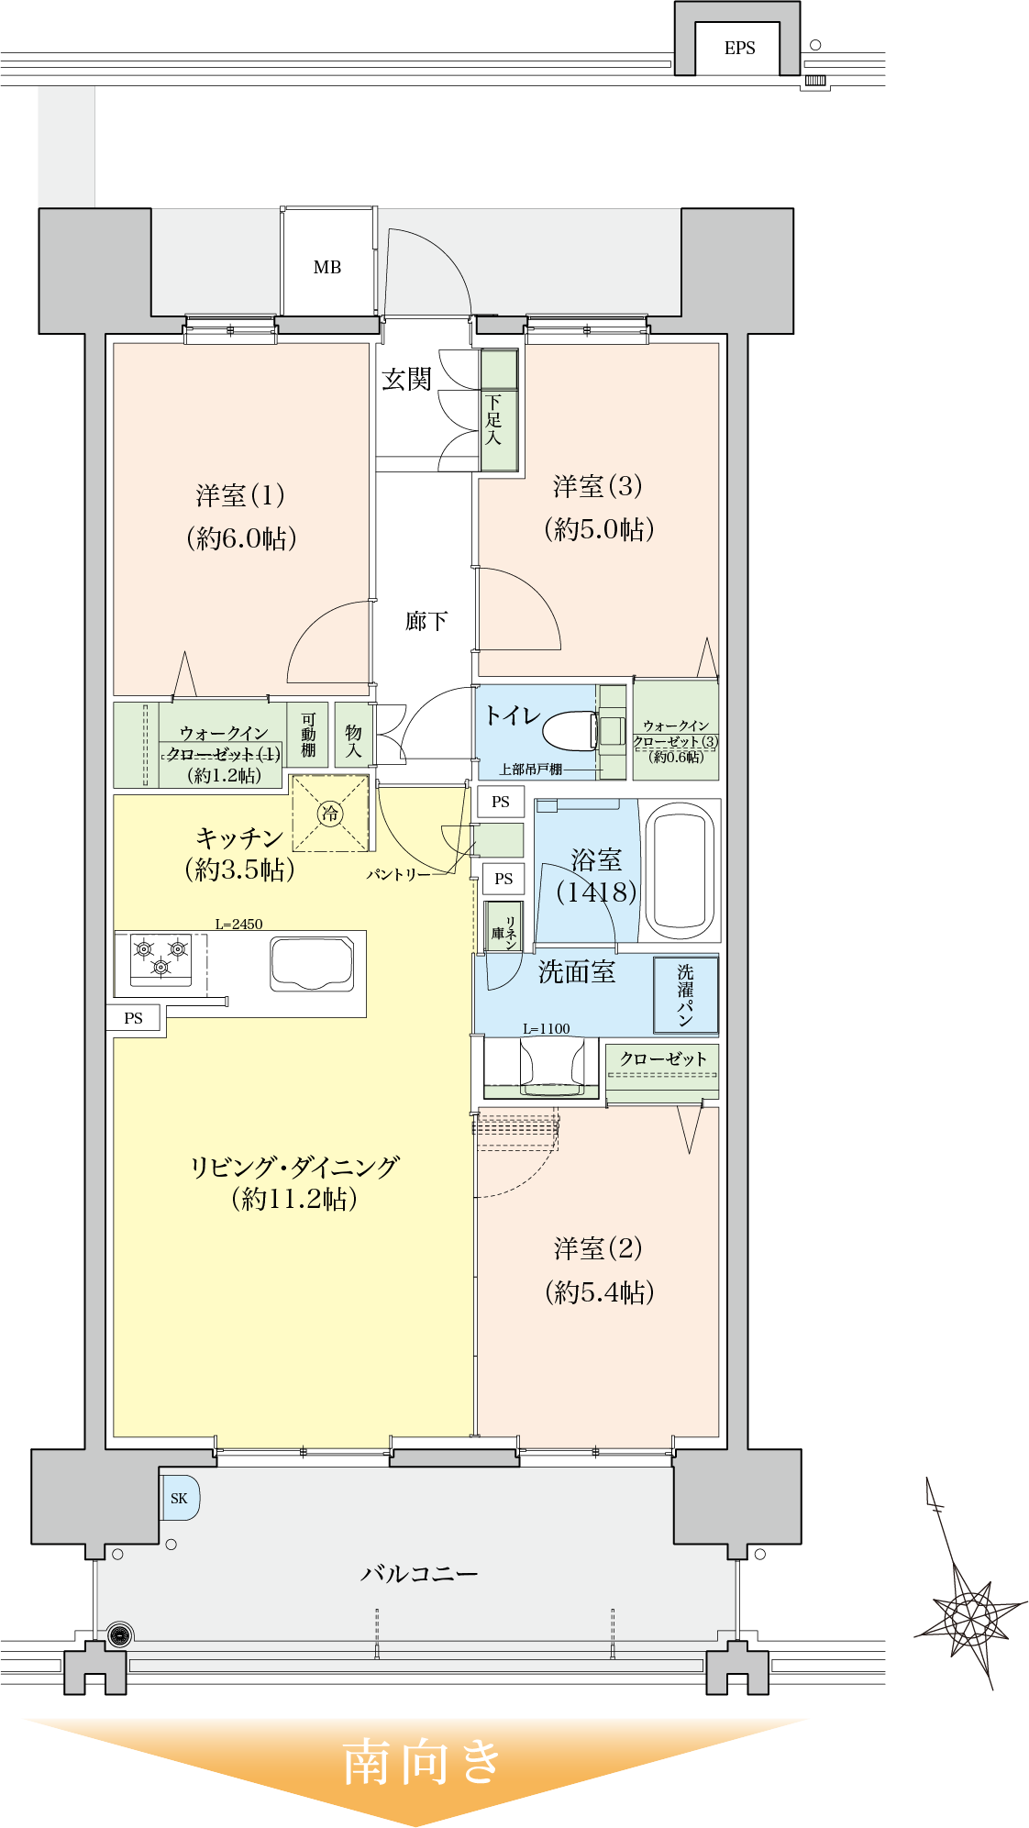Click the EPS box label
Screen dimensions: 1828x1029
739,49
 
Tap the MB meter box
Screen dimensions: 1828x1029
327,267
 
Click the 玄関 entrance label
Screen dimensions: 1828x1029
405,379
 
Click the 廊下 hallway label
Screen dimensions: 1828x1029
426,622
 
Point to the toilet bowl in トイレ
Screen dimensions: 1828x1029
569,731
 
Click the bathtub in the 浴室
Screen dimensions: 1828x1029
680,870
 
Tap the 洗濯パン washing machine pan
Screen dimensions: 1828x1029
685,994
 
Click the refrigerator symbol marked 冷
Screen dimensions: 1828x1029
330,813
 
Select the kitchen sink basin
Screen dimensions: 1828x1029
312,964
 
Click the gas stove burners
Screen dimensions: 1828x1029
161,958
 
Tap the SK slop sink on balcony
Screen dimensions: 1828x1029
180,1498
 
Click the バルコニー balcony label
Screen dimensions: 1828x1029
419,1574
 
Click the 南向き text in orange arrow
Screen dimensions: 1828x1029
422,1761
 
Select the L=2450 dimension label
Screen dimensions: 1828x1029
238,924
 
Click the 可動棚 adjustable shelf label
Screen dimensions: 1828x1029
309,735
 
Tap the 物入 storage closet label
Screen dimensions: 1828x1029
354,740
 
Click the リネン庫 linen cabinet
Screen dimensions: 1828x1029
503,927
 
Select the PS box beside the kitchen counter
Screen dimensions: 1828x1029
134,1017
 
